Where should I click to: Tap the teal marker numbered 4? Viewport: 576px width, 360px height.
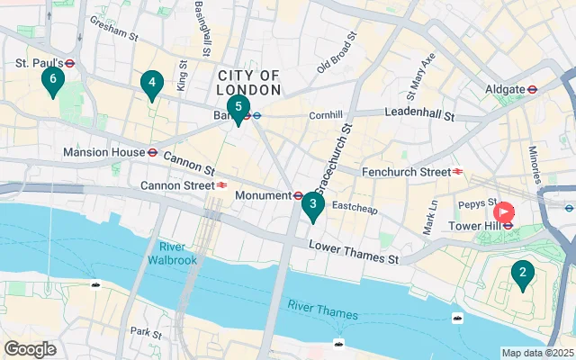click(x=151, y=85)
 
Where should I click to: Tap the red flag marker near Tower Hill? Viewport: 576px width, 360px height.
click(x=504, y=212)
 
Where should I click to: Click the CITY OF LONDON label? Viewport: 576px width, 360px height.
click(x=248, y=83)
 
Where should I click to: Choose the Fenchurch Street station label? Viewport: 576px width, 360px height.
click(x=405, y=171)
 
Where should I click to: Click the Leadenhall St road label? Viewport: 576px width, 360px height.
click(x=419, y=113)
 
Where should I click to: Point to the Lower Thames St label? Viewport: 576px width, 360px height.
click(x=353, y=253)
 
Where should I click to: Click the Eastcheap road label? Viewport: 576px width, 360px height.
click(x=351, y=206)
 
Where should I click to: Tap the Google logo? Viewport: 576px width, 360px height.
click(x=31, y=349)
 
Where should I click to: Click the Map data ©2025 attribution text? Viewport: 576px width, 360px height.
click(x=536, y=353)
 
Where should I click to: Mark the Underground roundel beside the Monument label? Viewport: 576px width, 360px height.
click(x=298, y=195)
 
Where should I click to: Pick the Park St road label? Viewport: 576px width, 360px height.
click(x=145, y=332)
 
